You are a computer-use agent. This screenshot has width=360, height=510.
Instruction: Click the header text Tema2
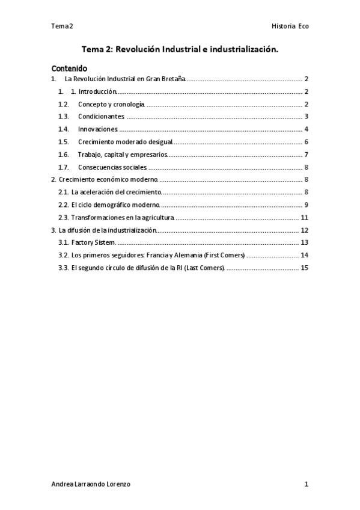coord(62,26)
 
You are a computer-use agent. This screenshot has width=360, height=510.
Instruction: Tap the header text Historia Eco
coord(290,26)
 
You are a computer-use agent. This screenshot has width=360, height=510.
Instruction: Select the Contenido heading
coord(69,69)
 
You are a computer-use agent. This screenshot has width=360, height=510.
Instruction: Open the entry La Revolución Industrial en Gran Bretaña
coord(125,79)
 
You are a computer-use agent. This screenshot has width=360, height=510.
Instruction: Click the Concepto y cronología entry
coord(112,104)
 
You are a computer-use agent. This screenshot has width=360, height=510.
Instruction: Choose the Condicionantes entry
coord(102,116)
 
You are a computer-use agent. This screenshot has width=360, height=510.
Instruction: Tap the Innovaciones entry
coord(98,129)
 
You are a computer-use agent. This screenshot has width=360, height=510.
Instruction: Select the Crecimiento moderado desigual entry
coord(125,141)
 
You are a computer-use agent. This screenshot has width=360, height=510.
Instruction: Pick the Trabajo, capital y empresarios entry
coord(123,154)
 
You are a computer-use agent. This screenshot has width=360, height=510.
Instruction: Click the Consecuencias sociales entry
coord(112,167)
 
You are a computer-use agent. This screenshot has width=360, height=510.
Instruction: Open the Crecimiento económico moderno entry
coord(108,179)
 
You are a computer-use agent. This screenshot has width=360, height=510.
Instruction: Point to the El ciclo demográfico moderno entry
coord(115,204)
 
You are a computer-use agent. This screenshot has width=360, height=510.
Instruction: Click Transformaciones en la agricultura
coord(123,217)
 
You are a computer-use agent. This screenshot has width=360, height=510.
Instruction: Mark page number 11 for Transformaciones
coord(304,217)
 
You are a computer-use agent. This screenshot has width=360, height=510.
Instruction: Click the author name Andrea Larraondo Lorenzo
coord(91,484)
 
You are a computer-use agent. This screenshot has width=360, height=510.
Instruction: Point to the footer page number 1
coord(306,484)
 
